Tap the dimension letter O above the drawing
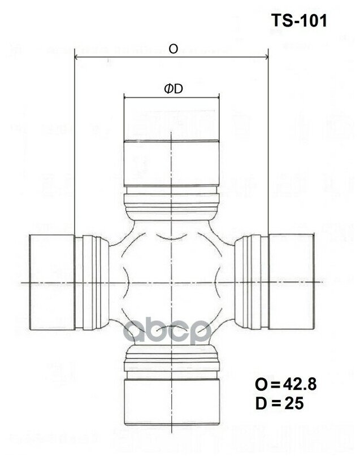click(x=173, y=49)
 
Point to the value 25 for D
click(x=294, y=403)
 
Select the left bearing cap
click(x=51, y=281)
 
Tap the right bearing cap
click(x=291, y=281)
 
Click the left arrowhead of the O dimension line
click(x=77, y=56)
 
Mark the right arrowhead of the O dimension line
click(x=266, y=56)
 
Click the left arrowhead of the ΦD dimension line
click(x=126, y=97)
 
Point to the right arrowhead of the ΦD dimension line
click(x=217, y=97)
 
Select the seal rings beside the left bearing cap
click(x=90, y=281)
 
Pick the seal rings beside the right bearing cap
click(x=253, y=281)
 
